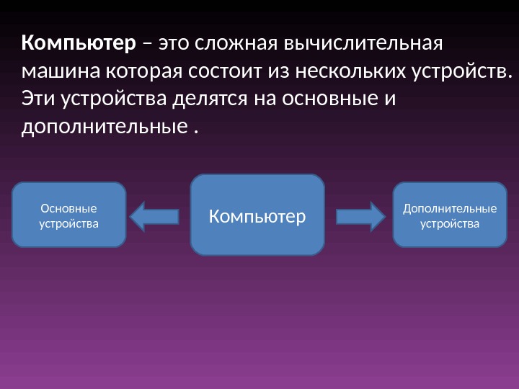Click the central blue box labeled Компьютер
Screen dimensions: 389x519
tap(257, 215)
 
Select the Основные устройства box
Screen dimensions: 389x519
tap(69, 215)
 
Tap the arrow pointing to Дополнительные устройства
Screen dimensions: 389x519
tap(360, 216)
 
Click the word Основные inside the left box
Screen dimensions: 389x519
tap(69, 208)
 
